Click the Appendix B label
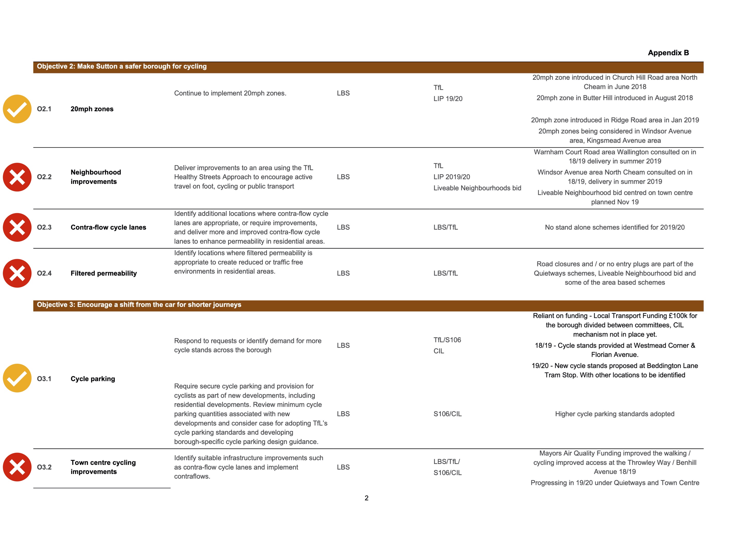click(x=668, y=53)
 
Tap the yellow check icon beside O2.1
click(x=17, y=109)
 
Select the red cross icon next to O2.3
click(x=17, y=227)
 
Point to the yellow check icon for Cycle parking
click(x=17, y=378)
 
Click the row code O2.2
click(x=44, y=177)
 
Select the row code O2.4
click(x=44, y=273)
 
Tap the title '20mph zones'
click(x=92, y=109)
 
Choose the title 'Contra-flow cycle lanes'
click(x=108, y=227)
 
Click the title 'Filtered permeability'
click(x=103, y=273)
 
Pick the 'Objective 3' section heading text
click(x=139, y=305)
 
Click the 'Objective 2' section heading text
click(x=122, y=66)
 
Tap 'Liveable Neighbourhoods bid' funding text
click(x=477, y=188)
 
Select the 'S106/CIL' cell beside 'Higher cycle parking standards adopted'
click(x=447, y=414)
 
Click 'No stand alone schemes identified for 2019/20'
click(x=615, y=227)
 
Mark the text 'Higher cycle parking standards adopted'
click(x=615, y=414)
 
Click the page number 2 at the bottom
click(x=366, y=498)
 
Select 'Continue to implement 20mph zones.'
click(x=230, y=93)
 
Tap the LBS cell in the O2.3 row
click(x=343, y=227)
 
